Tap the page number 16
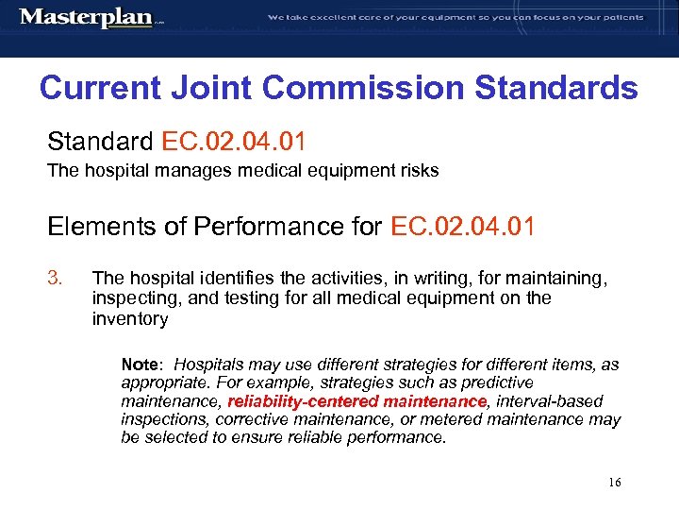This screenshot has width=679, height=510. click(x=614, y=483)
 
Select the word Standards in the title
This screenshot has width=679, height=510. click(x=556, y=89)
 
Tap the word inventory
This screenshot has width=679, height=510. click(x=130, y=319)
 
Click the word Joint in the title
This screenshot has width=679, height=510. click(x=223, y=89)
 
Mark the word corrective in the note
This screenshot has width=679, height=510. click(x=250, y=419)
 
